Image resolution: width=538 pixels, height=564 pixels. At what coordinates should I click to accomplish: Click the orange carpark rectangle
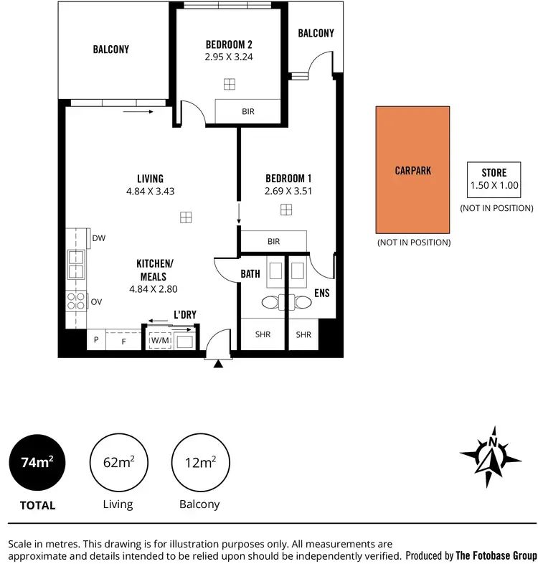click(x=413, y=170)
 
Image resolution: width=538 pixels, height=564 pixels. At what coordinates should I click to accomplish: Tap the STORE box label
click(x=494, y=173)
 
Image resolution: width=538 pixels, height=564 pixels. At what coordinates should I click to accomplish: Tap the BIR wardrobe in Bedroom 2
click(x=248, y=112)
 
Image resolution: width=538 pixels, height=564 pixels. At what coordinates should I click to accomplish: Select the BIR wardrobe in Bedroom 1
click(x=273, y=242)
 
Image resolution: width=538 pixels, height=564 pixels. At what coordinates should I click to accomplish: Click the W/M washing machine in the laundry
click(x=159, y=341)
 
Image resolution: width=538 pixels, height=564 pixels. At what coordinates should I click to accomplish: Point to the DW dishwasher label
click(x=99, y=238)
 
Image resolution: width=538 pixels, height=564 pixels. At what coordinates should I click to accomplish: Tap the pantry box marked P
click(x=95, y=341)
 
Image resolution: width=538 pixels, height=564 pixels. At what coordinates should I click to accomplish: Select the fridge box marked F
click(x=123, y=341)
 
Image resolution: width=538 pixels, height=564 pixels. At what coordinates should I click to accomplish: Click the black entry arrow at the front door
click(x=219, y=364)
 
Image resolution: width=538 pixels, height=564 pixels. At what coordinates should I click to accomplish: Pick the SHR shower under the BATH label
click(x=263, y=334)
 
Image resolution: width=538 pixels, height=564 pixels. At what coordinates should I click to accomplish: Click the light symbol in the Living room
click(x=186, y=217)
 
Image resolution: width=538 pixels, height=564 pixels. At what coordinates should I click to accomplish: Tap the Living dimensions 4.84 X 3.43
click(x=151, y=192)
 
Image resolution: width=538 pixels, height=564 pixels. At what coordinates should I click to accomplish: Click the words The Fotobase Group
click(x=496, y=555)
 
